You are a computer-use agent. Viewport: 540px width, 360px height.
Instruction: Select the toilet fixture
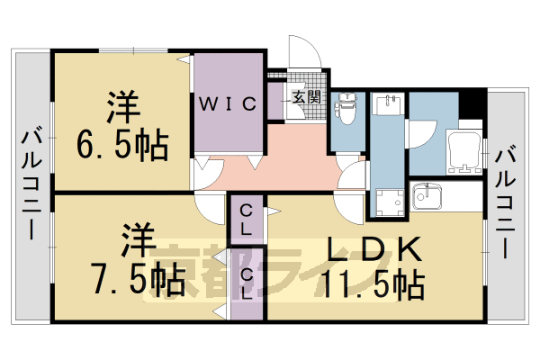[x=344, y=112]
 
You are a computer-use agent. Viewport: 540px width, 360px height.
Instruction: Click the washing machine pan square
[x=390, y=202]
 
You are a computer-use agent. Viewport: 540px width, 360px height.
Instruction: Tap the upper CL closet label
[x=245, y=220]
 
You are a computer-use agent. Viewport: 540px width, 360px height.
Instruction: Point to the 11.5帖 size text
[x=375, y=285]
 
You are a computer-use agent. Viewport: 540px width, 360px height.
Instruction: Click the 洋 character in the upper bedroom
[x=123, y=107]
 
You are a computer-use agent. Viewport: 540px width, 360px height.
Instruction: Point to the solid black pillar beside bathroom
[x=470, y=103]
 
